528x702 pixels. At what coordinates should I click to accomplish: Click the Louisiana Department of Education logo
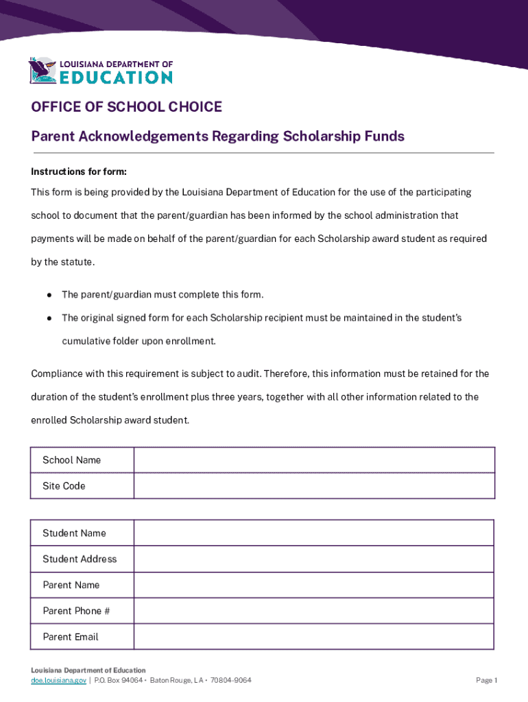[x=100, y=71]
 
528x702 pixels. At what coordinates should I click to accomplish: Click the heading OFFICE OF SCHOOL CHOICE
[x=126, y=107]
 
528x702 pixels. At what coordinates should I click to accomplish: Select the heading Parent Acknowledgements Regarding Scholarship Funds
[x=217, y=136]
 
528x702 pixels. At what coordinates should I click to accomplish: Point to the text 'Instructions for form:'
[x=79, y=171]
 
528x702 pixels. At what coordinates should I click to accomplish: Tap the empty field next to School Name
[x=313, y=460]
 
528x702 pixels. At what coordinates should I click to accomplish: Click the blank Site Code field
[x=313, y=486]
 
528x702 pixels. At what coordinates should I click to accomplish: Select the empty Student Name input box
[x=313, y=533]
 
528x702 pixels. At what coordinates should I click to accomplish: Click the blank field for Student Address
[x=313, y=559]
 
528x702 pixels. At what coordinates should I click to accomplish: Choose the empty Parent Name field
[x=313, y=585]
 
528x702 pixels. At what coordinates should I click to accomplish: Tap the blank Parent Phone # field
[x=313, y=611]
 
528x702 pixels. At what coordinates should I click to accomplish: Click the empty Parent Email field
[x=313, y=637]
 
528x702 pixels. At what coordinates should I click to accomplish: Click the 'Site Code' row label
[x=64, y=486]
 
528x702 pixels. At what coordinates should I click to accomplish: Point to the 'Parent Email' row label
[x=70, y=637]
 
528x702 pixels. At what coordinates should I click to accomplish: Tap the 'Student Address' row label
[x=80, y=559]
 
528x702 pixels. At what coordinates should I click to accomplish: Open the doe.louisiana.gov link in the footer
[x=58, y=680]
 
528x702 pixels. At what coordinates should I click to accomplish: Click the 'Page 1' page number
[x=486, y=680]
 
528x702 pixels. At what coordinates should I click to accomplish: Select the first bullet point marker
[x=50, y=295]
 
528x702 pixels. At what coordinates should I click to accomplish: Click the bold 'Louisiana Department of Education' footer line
[x=88, y=670]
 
